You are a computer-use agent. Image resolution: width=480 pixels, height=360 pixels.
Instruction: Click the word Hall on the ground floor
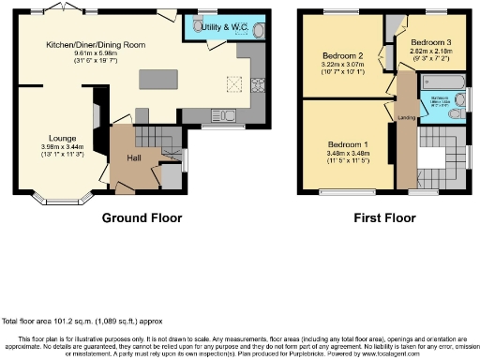(135, 157)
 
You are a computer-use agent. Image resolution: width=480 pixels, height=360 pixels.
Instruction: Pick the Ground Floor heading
(141, 217)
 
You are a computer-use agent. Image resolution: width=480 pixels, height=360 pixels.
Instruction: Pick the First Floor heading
(385, 217)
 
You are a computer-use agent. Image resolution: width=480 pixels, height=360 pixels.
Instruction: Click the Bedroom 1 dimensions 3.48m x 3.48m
(347, 153)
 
